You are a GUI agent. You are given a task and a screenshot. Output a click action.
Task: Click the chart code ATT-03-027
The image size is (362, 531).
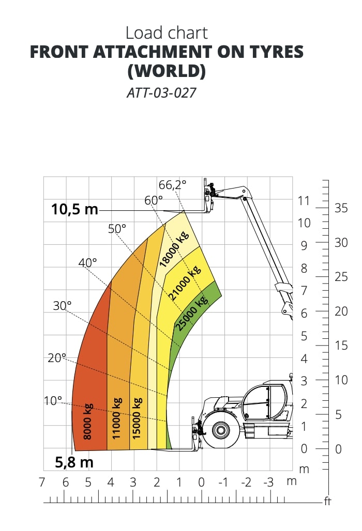point(161,92)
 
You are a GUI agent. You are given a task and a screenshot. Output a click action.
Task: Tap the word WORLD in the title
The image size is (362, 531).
point(167,71)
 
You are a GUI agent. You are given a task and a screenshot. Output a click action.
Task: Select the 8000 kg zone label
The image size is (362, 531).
point(87,421)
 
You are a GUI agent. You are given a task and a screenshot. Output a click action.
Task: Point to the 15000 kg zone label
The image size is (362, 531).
point(137,418)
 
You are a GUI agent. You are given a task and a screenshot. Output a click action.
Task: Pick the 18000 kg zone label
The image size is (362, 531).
point(174,249)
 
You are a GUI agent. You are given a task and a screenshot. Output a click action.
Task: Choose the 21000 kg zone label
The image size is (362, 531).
point(185,284)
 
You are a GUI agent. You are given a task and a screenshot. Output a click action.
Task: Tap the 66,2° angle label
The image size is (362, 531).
point(172,184)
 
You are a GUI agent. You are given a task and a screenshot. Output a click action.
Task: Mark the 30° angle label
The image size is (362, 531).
point(63,306)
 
